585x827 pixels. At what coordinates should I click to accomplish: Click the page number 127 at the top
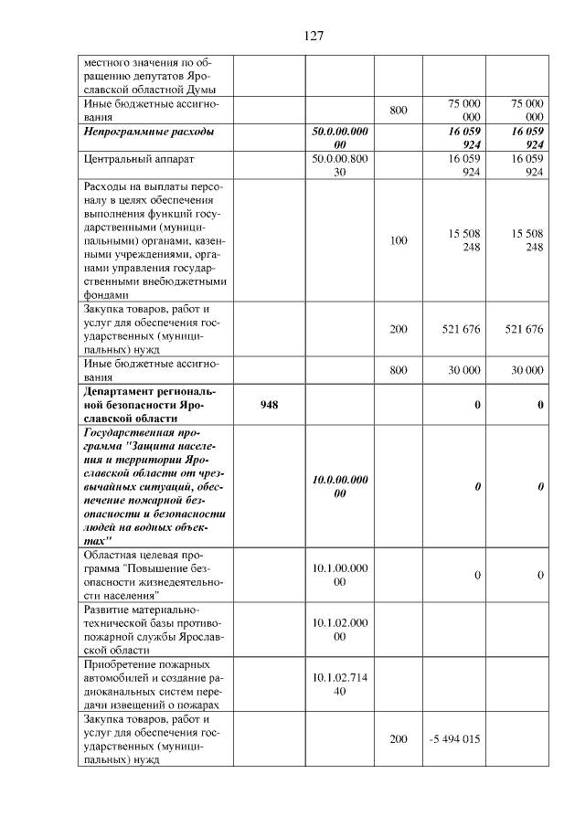click(x=314, y=37)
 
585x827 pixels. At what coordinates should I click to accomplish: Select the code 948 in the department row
click(x=269, y=403)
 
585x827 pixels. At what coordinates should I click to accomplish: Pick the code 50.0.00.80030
click(x=340, y=164)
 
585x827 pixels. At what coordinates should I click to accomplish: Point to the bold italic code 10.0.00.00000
click(x=340, y=486)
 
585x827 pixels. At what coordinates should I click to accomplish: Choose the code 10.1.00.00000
click(x=340, y=574)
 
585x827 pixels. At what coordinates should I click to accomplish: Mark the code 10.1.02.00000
click(x=340, y=629)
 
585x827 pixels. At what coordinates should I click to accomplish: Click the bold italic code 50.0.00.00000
click(x=340, y=138)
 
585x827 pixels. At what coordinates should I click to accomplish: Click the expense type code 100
click(x=399, y=242)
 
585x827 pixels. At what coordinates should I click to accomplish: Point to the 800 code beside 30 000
click(x=399, y=370)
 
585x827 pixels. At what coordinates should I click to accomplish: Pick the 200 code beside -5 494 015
click(x=399, y=738)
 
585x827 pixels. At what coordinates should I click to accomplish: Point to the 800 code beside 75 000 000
click(x=399, y=111)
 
